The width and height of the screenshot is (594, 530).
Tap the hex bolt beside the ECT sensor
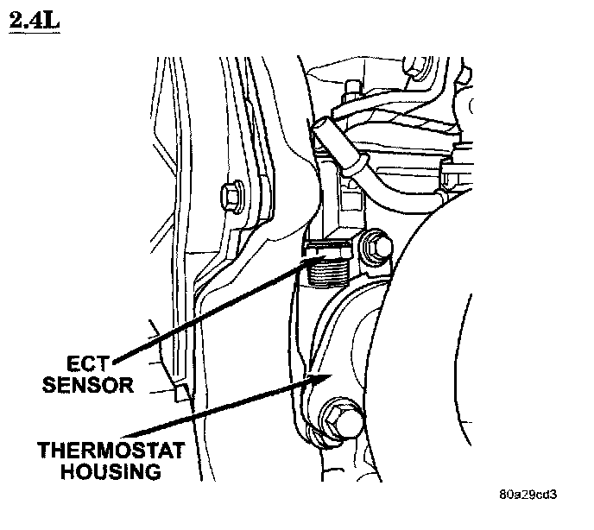[x=374, y=248]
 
